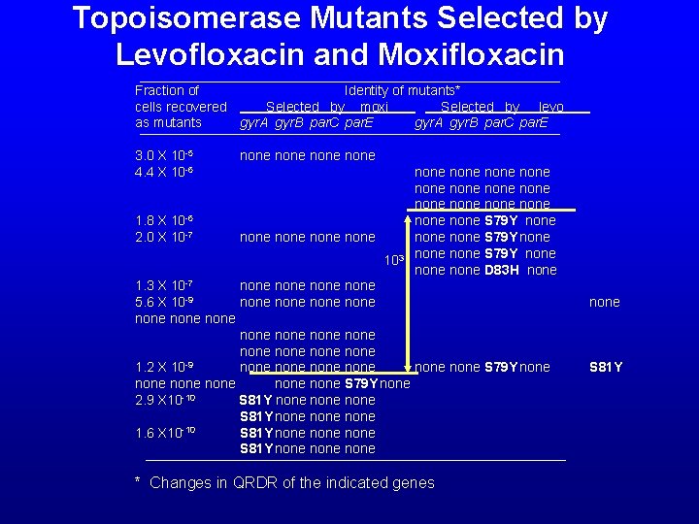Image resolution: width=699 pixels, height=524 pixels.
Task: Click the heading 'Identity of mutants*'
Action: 402,90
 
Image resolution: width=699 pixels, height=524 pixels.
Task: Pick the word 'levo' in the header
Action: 551,107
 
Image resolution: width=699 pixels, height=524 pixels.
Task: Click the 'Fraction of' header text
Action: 167,90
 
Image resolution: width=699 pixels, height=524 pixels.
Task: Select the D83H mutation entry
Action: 504,270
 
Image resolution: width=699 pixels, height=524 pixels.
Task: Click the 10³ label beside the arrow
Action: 393,260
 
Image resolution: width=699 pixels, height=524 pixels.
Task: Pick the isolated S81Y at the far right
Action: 606,367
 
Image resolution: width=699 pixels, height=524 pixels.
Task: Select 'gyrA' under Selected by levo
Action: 429,123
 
